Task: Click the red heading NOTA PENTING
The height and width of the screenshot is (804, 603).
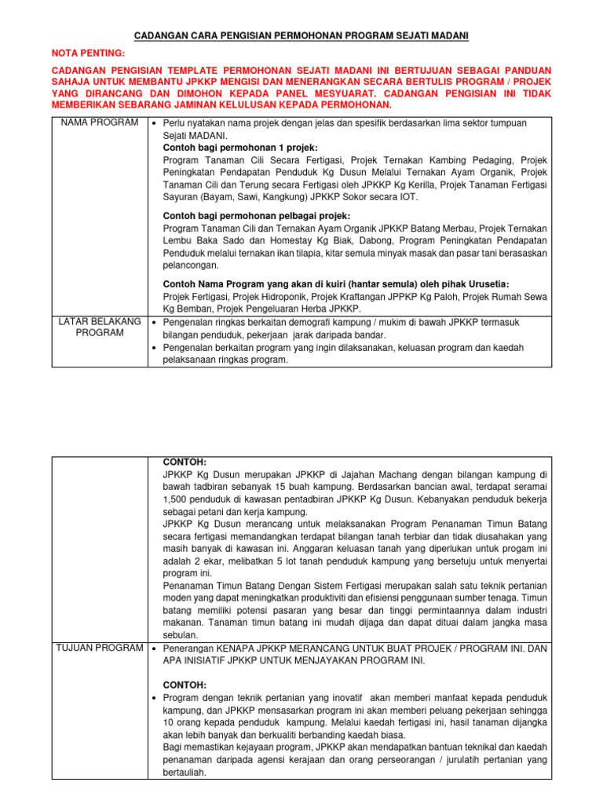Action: (x=88, y=53)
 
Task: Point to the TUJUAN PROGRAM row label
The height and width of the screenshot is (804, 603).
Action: (x=99, y=648)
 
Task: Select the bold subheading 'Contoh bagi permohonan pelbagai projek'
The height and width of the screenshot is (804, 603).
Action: (x=256, y=216)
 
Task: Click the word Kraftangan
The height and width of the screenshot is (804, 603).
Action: (x=335, y=297)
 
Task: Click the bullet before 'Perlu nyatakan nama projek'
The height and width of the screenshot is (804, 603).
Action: (x=154, y=124)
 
